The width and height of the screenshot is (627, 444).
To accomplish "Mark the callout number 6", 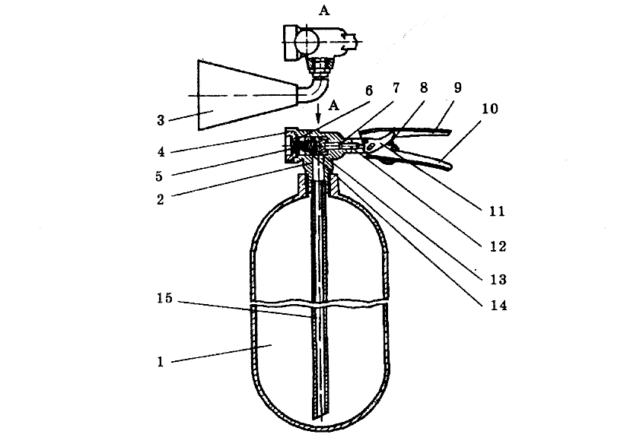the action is (x=368, y=89).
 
